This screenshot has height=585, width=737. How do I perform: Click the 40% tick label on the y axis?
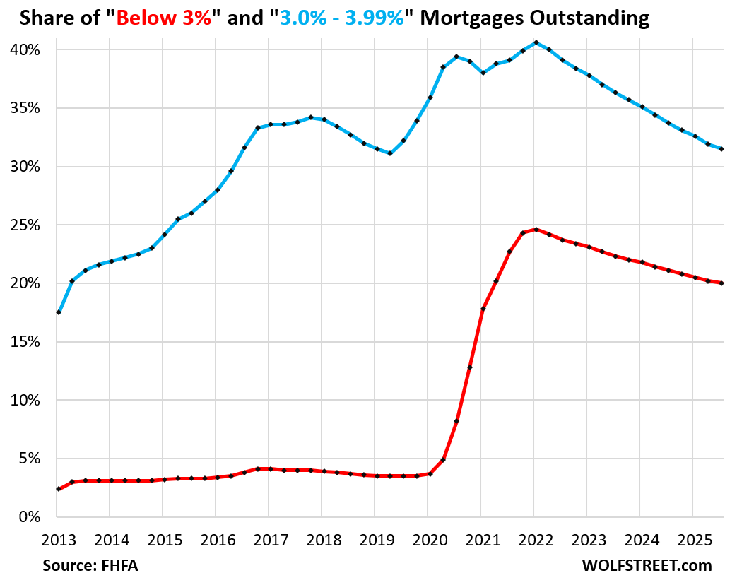point(25,50)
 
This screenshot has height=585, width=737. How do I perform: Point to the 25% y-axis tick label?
point(25,225)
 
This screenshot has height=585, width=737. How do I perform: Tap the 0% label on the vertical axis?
point(30,517)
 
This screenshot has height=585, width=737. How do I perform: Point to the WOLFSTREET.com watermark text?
point(647,566)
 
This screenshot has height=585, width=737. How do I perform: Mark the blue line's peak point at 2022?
point(535,42)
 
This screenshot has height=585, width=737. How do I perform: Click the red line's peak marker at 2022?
point(536,229)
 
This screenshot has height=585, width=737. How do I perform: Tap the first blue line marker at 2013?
point(59,312)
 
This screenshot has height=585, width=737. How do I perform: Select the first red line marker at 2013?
point(59,489)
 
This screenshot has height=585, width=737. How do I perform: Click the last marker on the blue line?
point(721,149)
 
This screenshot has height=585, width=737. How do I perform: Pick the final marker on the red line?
point(721,283)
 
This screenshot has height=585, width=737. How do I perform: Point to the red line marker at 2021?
point(483,309)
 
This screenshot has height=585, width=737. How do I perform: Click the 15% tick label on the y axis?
point(25,342)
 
